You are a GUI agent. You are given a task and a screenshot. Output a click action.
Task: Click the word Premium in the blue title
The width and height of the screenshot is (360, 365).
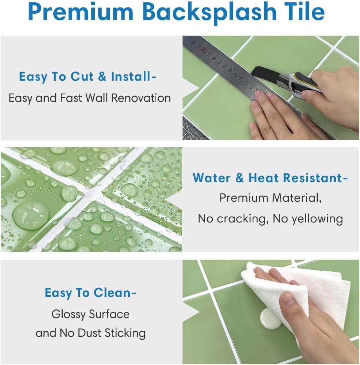point(80,12)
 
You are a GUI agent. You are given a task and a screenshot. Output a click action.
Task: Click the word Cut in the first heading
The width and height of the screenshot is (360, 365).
point(82,76)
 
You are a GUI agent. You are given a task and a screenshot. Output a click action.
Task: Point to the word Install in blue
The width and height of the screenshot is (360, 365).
point(130,76)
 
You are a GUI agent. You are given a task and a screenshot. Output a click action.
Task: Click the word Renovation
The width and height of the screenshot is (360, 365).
point(141,98)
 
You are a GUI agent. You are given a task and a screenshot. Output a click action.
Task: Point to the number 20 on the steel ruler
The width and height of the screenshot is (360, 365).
point(204,50)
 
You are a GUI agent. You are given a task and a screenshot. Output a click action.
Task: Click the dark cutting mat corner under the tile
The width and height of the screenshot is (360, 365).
point(194,129)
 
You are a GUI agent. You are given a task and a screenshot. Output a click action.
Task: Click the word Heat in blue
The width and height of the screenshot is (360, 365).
point(263,178)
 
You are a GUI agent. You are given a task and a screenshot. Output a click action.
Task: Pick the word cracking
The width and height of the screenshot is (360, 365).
point(241,219)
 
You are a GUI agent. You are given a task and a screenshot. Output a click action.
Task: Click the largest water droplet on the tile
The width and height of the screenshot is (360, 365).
point(31,215)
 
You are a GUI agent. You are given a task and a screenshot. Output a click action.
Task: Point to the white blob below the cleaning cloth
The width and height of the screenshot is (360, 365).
point(271,319)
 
